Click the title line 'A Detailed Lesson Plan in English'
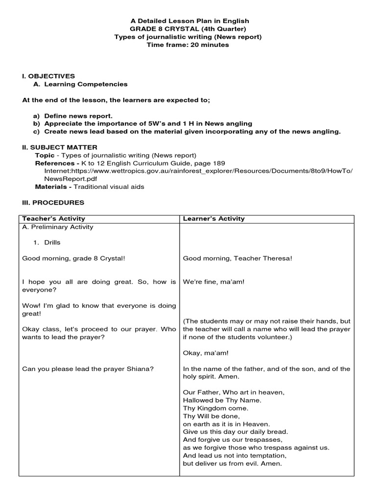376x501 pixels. [189, 21]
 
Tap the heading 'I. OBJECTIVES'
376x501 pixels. [48, 76]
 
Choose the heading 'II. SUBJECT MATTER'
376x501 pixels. [60, 147]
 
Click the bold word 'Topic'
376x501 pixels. [45, 155]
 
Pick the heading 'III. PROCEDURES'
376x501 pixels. [53, 203]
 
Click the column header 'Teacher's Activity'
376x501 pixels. [54, 219]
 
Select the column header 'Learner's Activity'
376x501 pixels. [213, 219]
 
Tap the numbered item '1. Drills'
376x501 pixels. [47, 243]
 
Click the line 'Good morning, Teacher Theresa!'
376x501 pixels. [237, 258]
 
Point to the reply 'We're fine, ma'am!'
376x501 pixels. [213, 282]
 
